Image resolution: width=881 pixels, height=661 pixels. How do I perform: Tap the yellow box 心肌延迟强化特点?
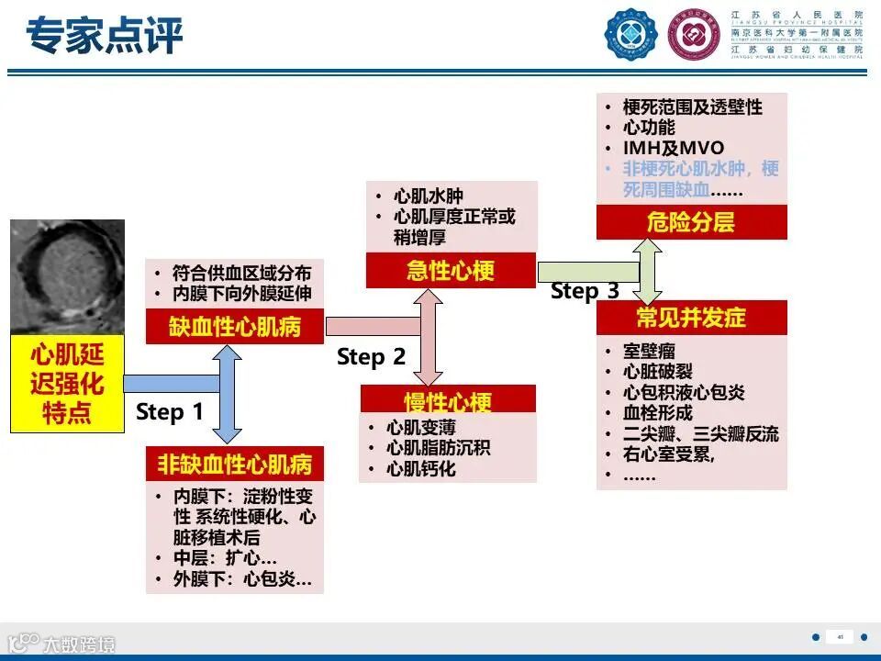[x=67, y=383]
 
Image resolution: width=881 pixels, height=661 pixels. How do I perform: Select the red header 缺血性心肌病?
[x=235, y=327]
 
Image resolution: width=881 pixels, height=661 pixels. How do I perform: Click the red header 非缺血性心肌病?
[x=235, y=465]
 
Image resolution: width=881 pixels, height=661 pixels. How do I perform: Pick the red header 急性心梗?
[x=451, y=271]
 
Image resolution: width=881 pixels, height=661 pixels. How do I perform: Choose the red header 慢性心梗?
[x=448, y=402]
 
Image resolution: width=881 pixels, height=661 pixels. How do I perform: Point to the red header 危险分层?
[x=690, y=222]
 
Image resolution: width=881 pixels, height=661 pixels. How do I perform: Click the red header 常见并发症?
[x=691, y=318]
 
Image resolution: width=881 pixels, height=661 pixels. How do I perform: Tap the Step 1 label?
[x=170, y=412]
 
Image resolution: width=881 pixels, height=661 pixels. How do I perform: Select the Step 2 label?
[x=371, y=357]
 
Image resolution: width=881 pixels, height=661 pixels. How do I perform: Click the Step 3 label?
[x=585, y=291]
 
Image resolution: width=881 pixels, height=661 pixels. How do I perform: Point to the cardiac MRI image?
[x=67, y=276]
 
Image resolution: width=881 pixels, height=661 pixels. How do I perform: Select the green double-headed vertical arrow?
[x=648, y=272]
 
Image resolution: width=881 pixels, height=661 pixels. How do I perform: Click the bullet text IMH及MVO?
[x=673, y=148]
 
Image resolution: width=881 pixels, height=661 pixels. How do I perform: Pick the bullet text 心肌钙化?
[x=420, y=469]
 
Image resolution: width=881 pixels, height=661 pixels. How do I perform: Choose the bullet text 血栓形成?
[x=657, y=413]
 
